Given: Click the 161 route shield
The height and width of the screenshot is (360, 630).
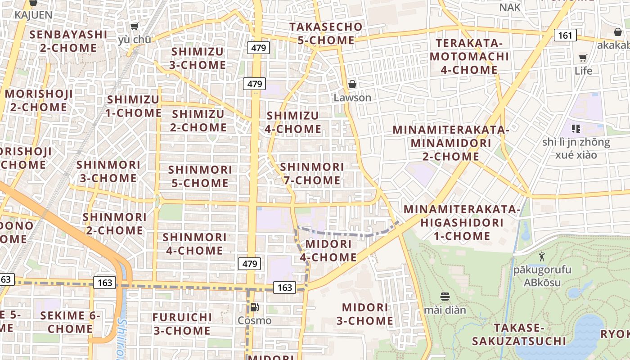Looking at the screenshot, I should [565, 35].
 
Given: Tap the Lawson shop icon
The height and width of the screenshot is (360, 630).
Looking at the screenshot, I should [352, 84].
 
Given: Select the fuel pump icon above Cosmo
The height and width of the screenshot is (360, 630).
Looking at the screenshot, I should [254, 307].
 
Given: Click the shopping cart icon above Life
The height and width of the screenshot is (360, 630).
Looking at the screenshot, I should [583, 58].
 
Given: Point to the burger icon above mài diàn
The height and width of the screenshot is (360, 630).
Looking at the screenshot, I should [445, 297].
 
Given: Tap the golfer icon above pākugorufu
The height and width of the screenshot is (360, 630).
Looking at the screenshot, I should [541, 256].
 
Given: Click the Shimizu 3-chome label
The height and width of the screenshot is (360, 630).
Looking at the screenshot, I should [198, 58].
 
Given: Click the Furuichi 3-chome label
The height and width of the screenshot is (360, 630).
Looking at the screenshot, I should [182, 324].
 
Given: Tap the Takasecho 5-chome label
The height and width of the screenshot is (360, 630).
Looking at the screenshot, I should [326, 33].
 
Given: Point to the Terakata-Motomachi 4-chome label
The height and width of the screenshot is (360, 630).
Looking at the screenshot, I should [469, 57].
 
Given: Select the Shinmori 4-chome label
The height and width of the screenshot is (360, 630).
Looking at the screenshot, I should [194, 243].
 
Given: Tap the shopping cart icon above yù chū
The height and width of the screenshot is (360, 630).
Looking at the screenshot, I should [134, 26].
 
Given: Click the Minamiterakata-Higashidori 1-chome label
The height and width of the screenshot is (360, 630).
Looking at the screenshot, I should [462, 223].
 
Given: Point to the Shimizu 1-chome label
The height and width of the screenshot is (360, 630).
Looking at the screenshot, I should [133, 106].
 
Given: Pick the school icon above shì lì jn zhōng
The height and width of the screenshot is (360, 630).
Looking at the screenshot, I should [576, 129].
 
